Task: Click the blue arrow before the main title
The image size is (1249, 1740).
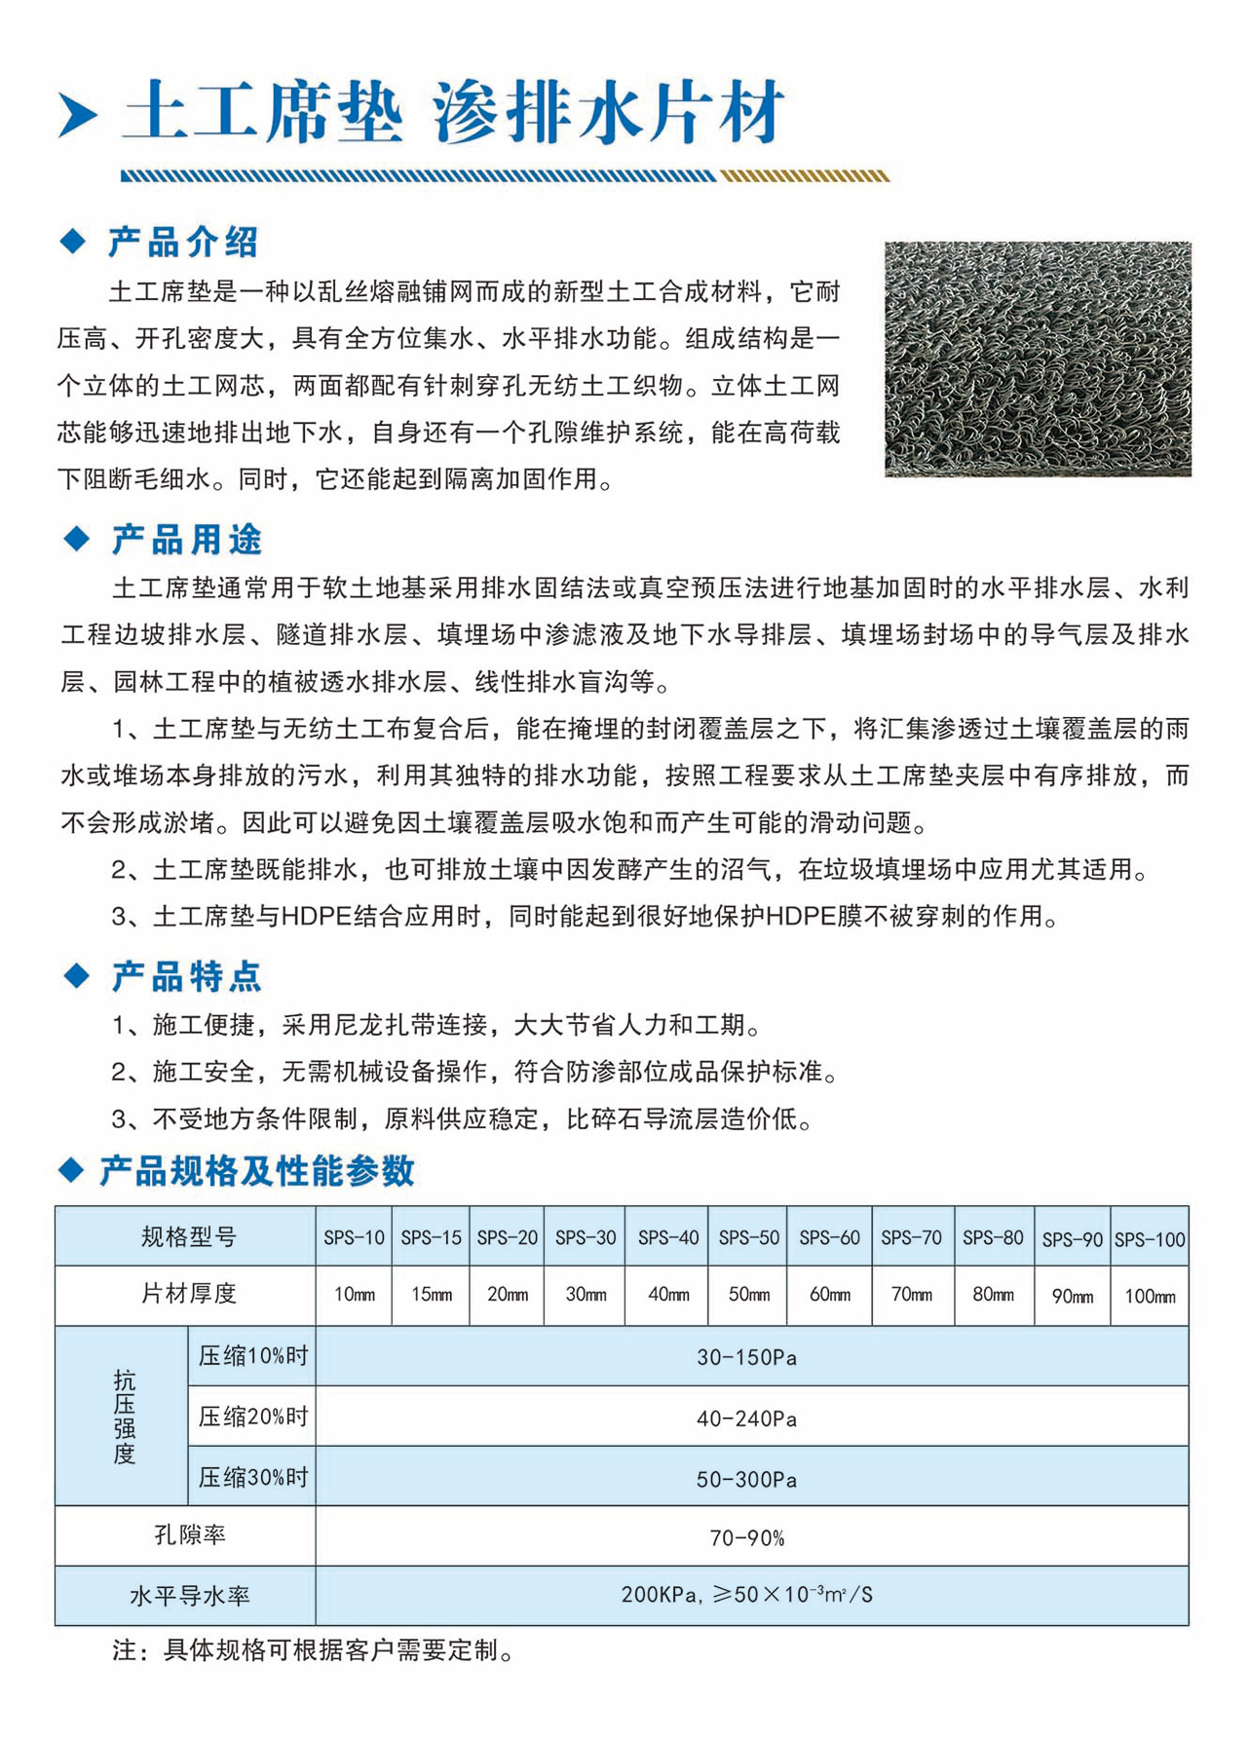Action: click(x=78, y=115)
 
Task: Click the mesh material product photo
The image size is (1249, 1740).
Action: click(x=1038, y=359)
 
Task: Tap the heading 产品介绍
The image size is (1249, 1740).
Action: click(x=182, y=242)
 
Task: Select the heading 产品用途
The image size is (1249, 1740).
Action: click(x=186, y=539)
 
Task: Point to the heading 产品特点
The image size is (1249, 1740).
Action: click(x=186, y=976)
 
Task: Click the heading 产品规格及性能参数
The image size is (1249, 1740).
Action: click(x=257, y=1171)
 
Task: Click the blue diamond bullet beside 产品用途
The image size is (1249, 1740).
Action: click(x=75, y=539)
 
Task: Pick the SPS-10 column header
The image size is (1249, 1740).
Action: click(x=354, y=1237)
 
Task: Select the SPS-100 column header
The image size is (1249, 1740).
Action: click(x=1150, y=1239)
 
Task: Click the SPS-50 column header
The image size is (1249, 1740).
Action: click(x=748, y=1237)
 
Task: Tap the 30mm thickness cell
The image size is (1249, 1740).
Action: click(x=586, y=1295)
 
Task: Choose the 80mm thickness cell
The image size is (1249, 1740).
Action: click(x=993, y=1295)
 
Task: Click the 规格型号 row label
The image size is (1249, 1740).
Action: click(x=188, y=1237)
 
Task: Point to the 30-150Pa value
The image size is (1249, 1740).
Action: click(x=746, y=1357)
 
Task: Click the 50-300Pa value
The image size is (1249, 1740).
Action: click(x=746, y=1479)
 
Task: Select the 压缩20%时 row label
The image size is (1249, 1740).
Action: click(x=252, y=1417)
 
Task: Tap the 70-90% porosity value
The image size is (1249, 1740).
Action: click(x=746, y=1537)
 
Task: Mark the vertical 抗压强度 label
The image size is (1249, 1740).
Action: click(x=124, y=1417)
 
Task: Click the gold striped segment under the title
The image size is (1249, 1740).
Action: click(x=805, y=176)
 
